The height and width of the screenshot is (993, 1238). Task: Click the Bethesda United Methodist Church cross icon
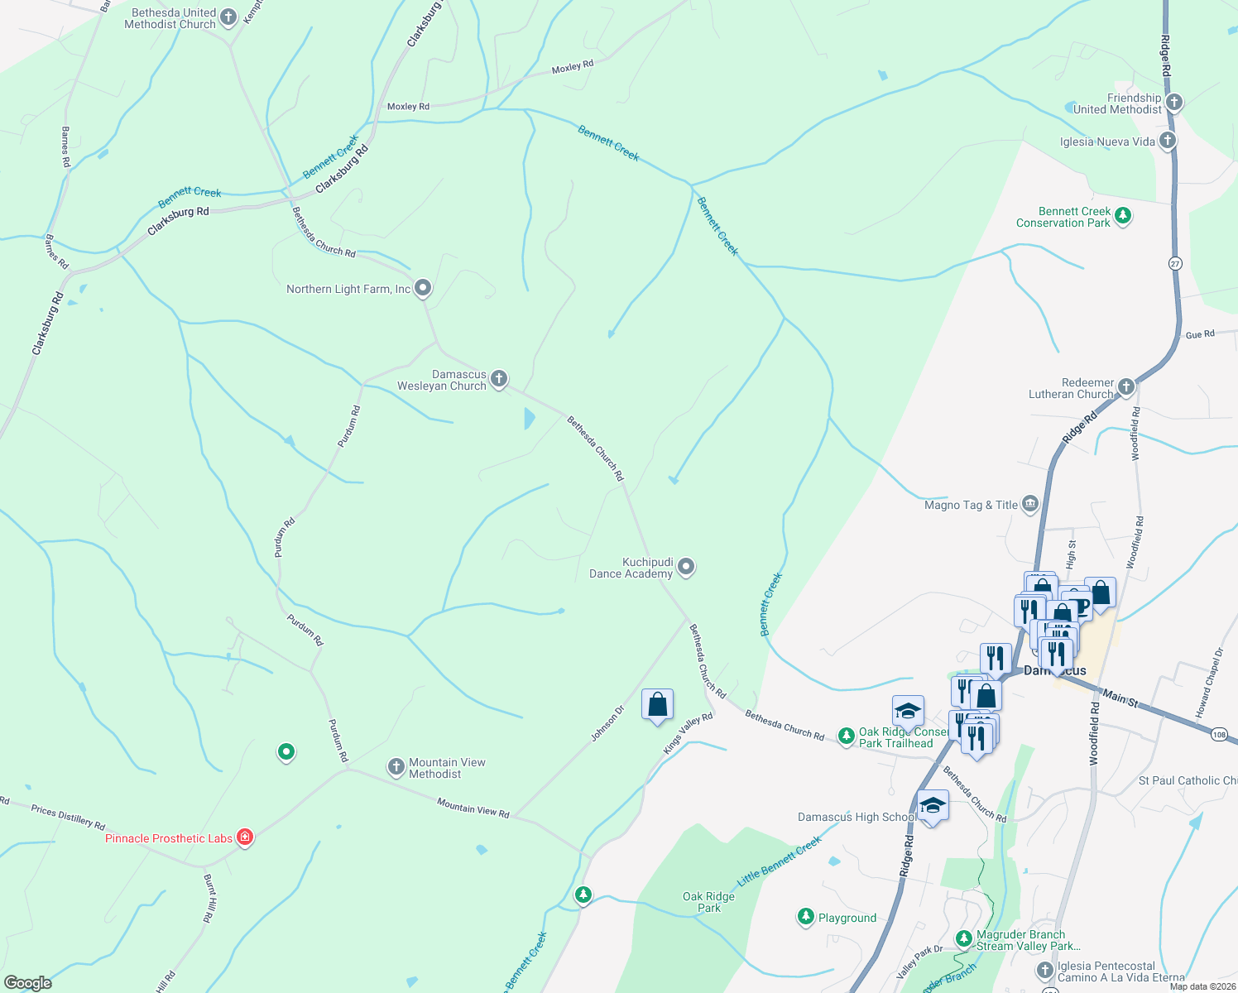click(228, 17)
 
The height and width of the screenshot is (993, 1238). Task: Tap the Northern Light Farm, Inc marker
click(423, 288)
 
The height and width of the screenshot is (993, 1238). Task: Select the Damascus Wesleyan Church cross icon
click(499, 379)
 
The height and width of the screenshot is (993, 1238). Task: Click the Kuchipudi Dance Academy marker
click(686, 567)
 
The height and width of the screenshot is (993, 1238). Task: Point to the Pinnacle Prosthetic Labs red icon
click(245, 837)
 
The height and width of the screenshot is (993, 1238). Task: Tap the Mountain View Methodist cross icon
click(396, 767)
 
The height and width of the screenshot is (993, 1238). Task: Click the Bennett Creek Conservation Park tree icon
click(1123, 216)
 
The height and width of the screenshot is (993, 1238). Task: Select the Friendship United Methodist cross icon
click(1174, 103)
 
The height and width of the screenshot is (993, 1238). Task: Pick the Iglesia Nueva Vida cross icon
click(1168, 141)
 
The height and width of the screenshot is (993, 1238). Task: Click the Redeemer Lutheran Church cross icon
click(1126, 387)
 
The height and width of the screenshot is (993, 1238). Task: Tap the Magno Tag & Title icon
click(1030, 504)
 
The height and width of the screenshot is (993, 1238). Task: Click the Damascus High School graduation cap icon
click(933, 805)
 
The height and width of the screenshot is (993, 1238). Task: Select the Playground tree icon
click(805, 916)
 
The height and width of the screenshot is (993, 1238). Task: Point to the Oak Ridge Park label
click(708, 902)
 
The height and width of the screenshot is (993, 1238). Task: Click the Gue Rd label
click(1199, 334)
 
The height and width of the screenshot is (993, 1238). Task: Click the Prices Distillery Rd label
click(68, 817)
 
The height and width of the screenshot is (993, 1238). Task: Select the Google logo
click(27, 983)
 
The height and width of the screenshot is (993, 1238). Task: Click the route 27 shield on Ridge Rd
click(1176, 263)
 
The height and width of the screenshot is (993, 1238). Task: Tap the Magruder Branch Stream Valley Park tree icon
click(963, 939)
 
